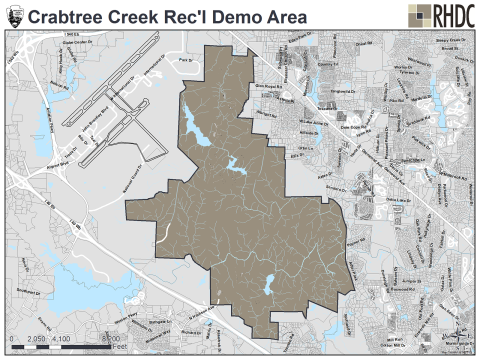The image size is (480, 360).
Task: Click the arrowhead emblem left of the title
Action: click(x=14, y=16)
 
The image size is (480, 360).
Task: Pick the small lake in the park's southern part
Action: click(x=267, y=288)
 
